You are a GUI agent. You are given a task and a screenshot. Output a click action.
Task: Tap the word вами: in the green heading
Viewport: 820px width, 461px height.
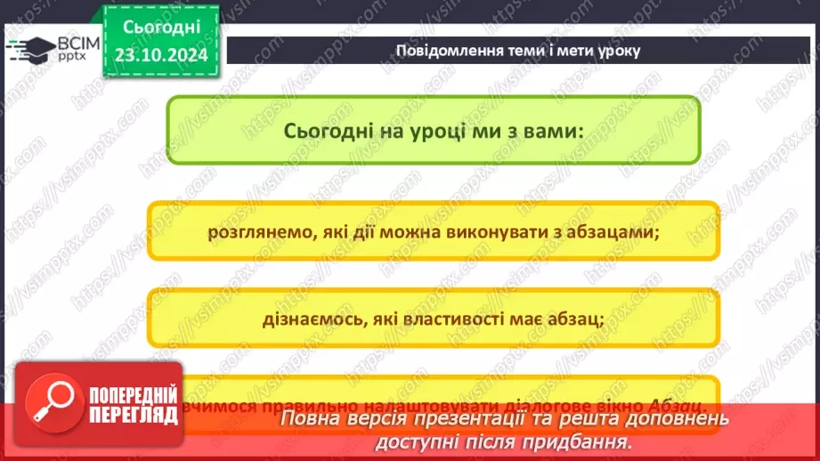[x=551, y=130]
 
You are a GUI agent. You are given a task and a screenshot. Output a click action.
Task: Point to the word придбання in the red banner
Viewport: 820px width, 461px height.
[x=583, y=441]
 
